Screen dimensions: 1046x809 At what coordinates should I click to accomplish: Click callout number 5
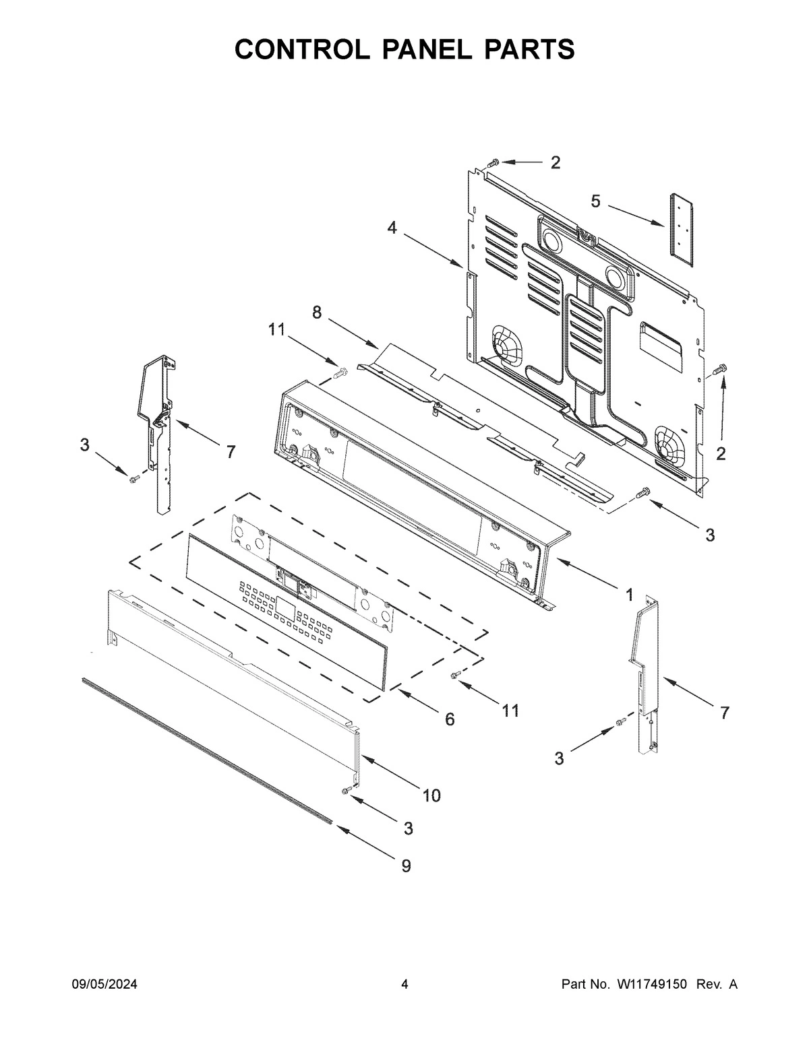(x=595, y=200)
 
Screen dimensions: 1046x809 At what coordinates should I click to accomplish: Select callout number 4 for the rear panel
(x=392, y=228)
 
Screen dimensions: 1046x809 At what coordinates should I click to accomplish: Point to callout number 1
(x=628, y=595)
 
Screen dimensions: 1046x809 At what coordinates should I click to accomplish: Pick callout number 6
(x=449, y=719)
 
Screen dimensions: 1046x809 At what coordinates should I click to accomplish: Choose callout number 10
(x=431, y=795)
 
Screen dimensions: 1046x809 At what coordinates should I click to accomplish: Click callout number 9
(x=406, y=865)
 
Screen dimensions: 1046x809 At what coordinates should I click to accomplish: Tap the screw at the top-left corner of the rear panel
(x=493, y=162)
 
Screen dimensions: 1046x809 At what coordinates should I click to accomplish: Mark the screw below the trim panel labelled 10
(x=348, y=791)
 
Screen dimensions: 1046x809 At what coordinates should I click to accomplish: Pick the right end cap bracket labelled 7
(x=645, y=674)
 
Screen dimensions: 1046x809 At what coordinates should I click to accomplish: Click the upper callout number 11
(x=276, y=329)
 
